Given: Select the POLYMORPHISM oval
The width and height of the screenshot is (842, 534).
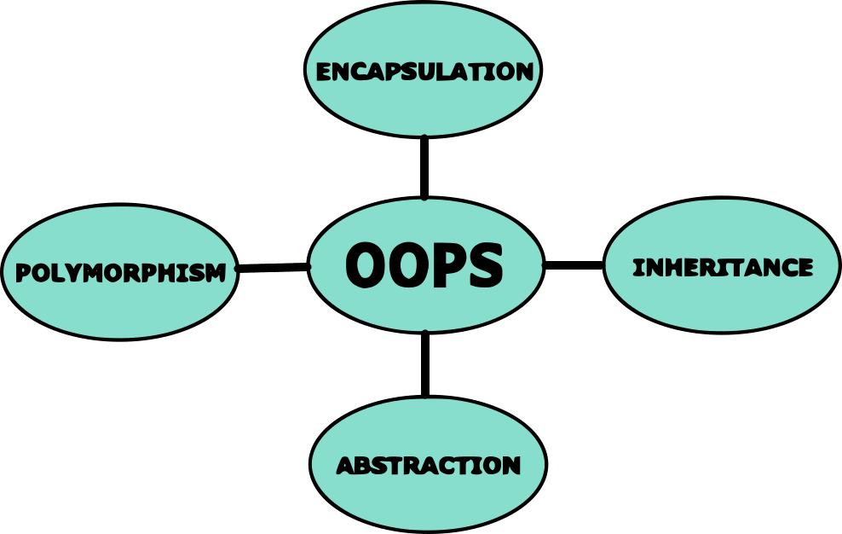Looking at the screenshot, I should pyautogui.click(x=120, y=307).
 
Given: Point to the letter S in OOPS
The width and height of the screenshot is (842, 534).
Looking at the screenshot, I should pyautogui.click(x=486, y=265).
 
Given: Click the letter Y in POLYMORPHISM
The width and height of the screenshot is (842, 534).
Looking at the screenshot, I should pyautogui.click(x=73, y=274).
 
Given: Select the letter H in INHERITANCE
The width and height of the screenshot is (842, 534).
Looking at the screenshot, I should pyautogui.click(x=678, y=268).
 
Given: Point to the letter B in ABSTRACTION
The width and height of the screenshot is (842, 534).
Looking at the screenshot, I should pyautogui.click(x=366, y=466).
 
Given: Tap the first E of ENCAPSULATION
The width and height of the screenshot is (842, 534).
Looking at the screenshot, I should pyautogui.click(x=324, y=73).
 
